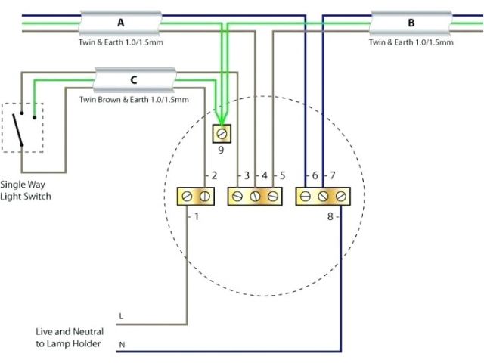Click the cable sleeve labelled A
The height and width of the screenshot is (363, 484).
click(x=121, y=23)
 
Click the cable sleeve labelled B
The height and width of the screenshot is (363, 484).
click(x=411, y=23)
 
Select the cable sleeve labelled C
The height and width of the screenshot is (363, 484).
click(x=135, y=79)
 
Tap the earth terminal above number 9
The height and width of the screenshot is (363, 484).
click(x=222, y=134)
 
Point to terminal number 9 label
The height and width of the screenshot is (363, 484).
click(x=222, y=150)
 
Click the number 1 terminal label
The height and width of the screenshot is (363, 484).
click(x=197, y=217)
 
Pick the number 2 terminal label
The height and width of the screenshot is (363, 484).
click(x=214, y=176)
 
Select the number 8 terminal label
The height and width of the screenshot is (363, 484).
click(x=330, y=217)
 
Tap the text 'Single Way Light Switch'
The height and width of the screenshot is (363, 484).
click(x=26, y=190)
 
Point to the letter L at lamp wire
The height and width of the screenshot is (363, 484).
click(x=121, y=315)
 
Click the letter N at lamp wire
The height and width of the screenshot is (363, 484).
click(x=121, y=345)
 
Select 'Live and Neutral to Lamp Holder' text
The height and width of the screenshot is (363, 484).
click(x=69, y=338)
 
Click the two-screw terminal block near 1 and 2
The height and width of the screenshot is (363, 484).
click(x=194, y=197)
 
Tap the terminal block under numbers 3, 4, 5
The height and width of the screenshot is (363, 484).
click(x=256, y=197)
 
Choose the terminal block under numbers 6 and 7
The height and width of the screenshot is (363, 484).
click(x=323, y=197)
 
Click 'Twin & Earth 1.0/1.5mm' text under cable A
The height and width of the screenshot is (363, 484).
click(x=121, y=42)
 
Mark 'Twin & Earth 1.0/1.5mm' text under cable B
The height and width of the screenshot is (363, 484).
click(x=411, y=42)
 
